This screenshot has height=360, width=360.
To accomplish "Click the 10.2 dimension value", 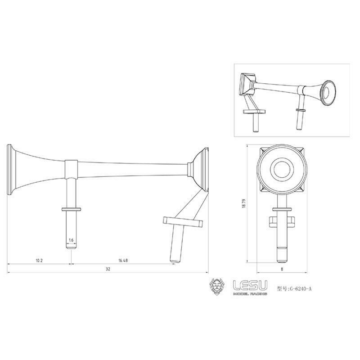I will point(39,261).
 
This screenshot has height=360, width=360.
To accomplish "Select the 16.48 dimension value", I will point(123,261).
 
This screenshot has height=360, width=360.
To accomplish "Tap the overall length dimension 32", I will point(108,269).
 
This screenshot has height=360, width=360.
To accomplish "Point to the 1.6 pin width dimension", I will point(71,240).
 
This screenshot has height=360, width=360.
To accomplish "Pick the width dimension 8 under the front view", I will point(282,270).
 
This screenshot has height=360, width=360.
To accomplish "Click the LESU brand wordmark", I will point(250,285).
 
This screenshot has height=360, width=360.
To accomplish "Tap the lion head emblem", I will point(218,287).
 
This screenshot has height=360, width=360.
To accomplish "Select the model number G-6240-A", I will point(294,288).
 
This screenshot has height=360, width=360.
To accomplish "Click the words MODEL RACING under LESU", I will point(250,294).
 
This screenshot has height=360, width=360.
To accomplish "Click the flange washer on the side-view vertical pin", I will point(71,209).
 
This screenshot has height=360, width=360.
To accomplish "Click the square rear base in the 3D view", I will point(247,83).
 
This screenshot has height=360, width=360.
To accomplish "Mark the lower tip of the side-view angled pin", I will point(175,259).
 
